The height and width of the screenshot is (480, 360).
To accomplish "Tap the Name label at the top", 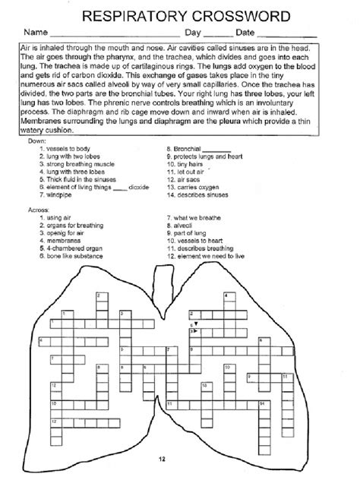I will [35, 33].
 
